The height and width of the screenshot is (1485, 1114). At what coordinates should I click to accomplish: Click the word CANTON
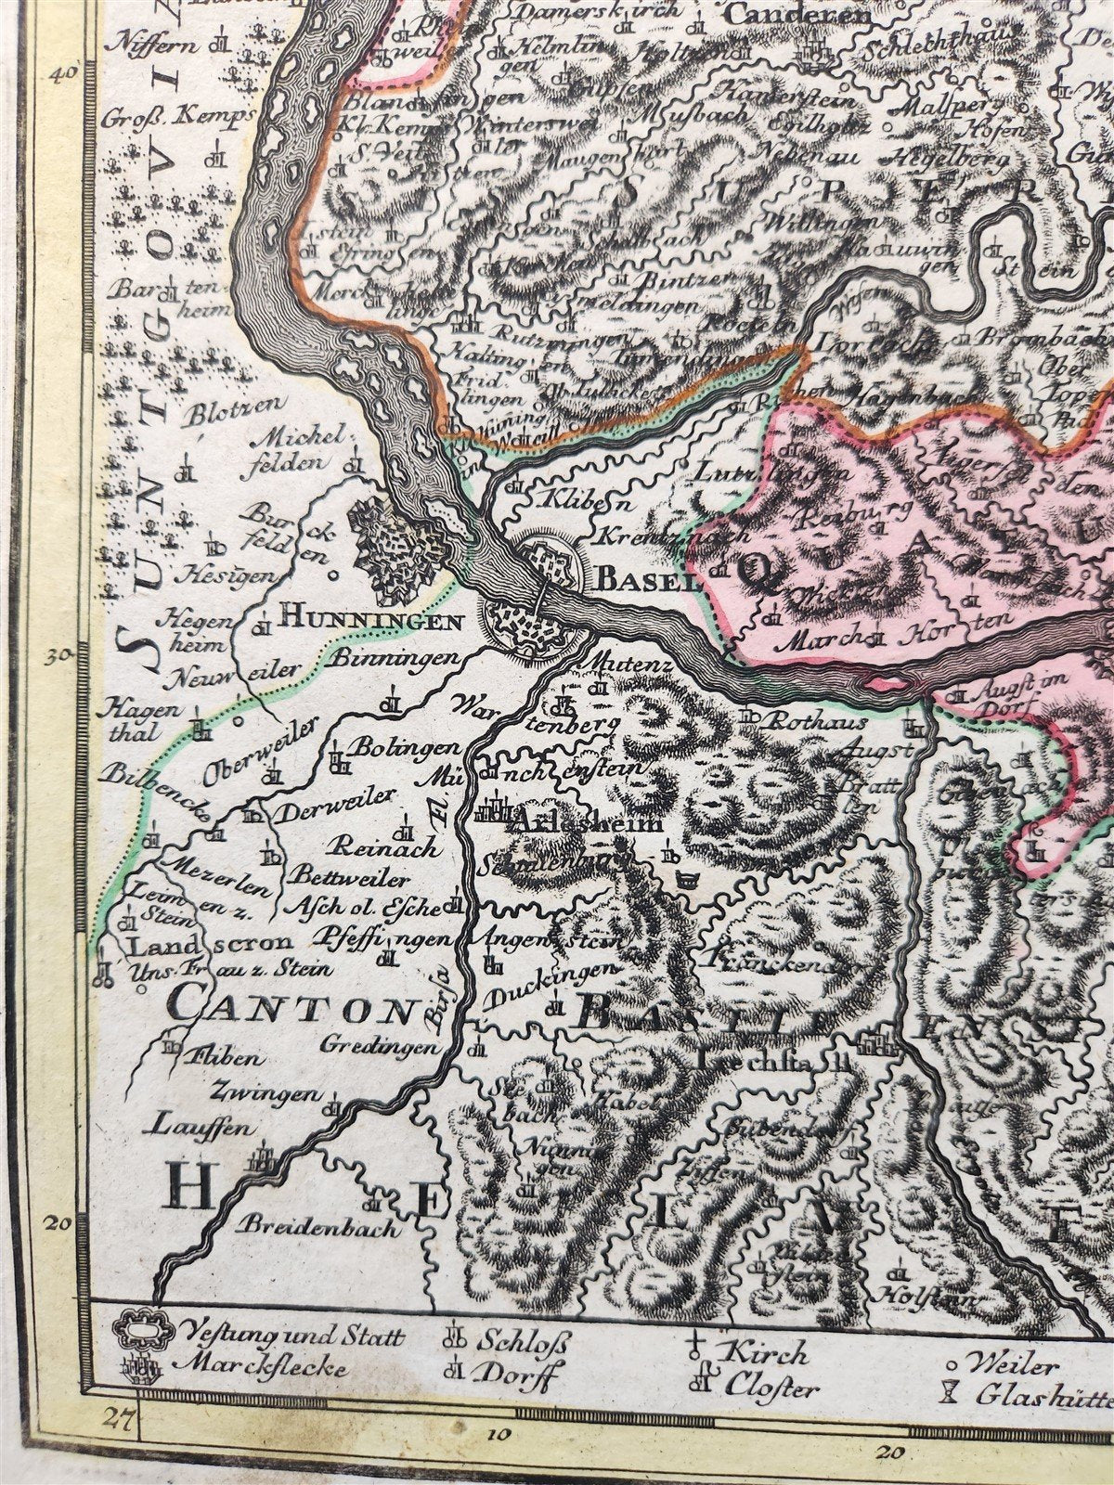pos(290,1006)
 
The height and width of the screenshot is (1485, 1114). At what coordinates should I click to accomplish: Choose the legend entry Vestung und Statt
pos(293,1337)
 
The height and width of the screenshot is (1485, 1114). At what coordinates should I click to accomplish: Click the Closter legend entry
pos(772,1389)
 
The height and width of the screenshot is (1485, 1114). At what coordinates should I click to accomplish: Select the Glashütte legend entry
pos(1044,1391)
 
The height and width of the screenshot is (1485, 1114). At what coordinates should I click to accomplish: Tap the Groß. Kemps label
pos(178,118)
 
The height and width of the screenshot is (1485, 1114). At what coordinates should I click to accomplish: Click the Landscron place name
pos(202,948)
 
